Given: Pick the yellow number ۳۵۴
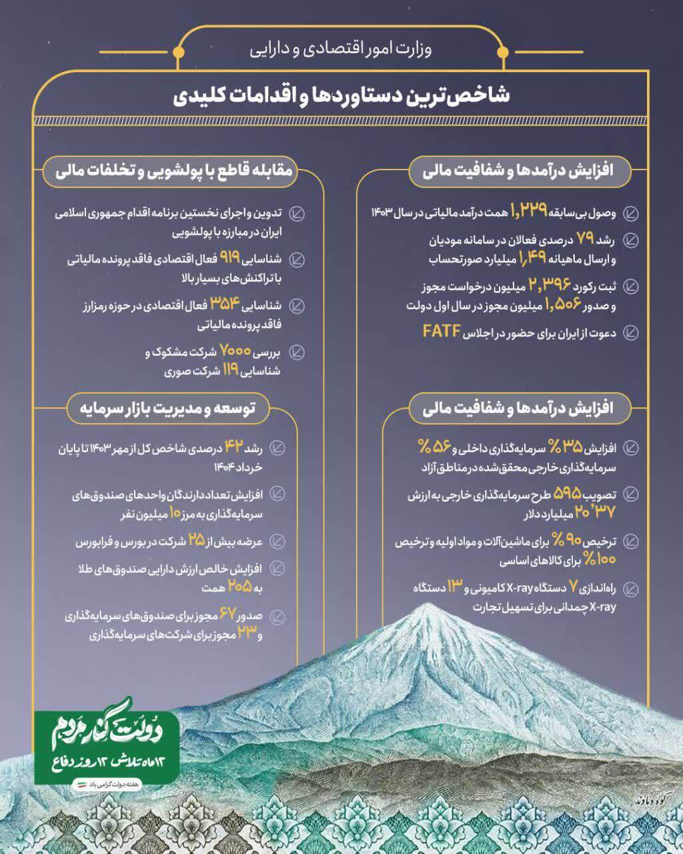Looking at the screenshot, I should pos(225,304).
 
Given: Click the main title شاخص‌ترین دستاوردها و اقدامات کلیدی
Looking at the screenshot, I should pos(341,95).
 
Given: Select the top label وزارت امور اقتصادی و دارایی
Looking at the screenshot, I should pos(341,50).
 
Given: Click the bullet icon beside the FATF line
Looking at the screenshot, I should pos(630,332).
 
